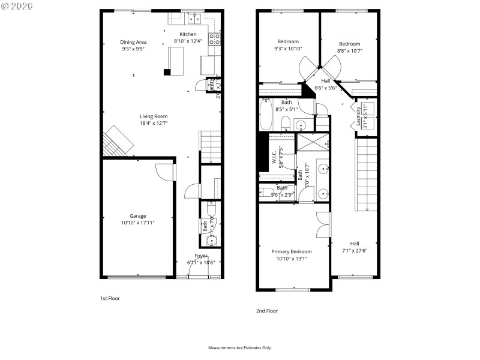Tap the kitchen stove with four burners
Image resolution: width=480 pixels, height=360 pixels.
[214, 39]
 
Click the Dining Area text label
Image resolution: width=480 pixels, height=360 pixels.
[133, 42]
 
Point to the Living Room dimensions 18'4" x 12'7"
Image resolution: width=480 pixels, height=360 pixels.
[154, 124]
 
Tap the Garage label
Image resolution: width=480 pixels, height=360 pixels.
[138, 216]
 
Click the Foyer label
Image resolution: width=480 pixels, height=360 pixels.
[200, 256]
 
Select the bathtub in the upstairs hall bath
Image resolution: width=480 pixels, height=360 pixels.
[266, 116]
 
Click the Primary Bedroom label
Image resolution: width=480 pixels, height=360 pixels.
[292, 251]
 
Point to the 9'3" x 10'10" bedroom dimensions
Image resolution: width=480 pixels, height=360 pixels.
[288, 49]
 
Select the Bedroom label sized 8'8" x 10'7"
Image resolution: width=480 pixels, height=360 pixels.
[349, 44]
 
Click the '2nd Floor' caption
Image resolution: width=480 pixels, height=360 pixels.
[267, 311]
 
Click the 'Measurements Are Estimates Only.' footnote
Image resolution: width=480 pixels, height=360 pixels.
[240, 348]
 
